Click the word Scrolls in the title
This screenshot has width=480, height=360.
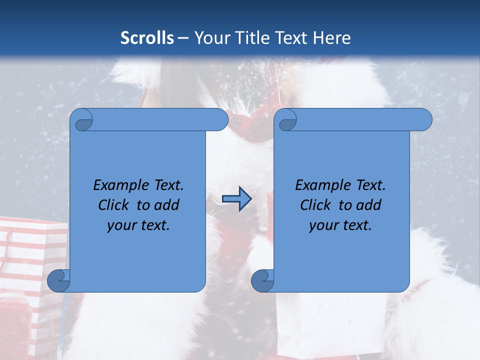pos(147,38)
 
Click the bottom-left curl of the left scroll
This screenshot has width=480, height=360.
pos(59,280)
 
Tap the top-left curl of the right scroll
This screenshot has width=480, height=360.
pos(286,120)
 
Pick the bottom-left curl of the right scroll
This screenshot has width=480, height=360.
pos(262,280)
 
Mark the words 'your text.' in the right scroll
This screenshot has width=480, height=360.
pos(340,225)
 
